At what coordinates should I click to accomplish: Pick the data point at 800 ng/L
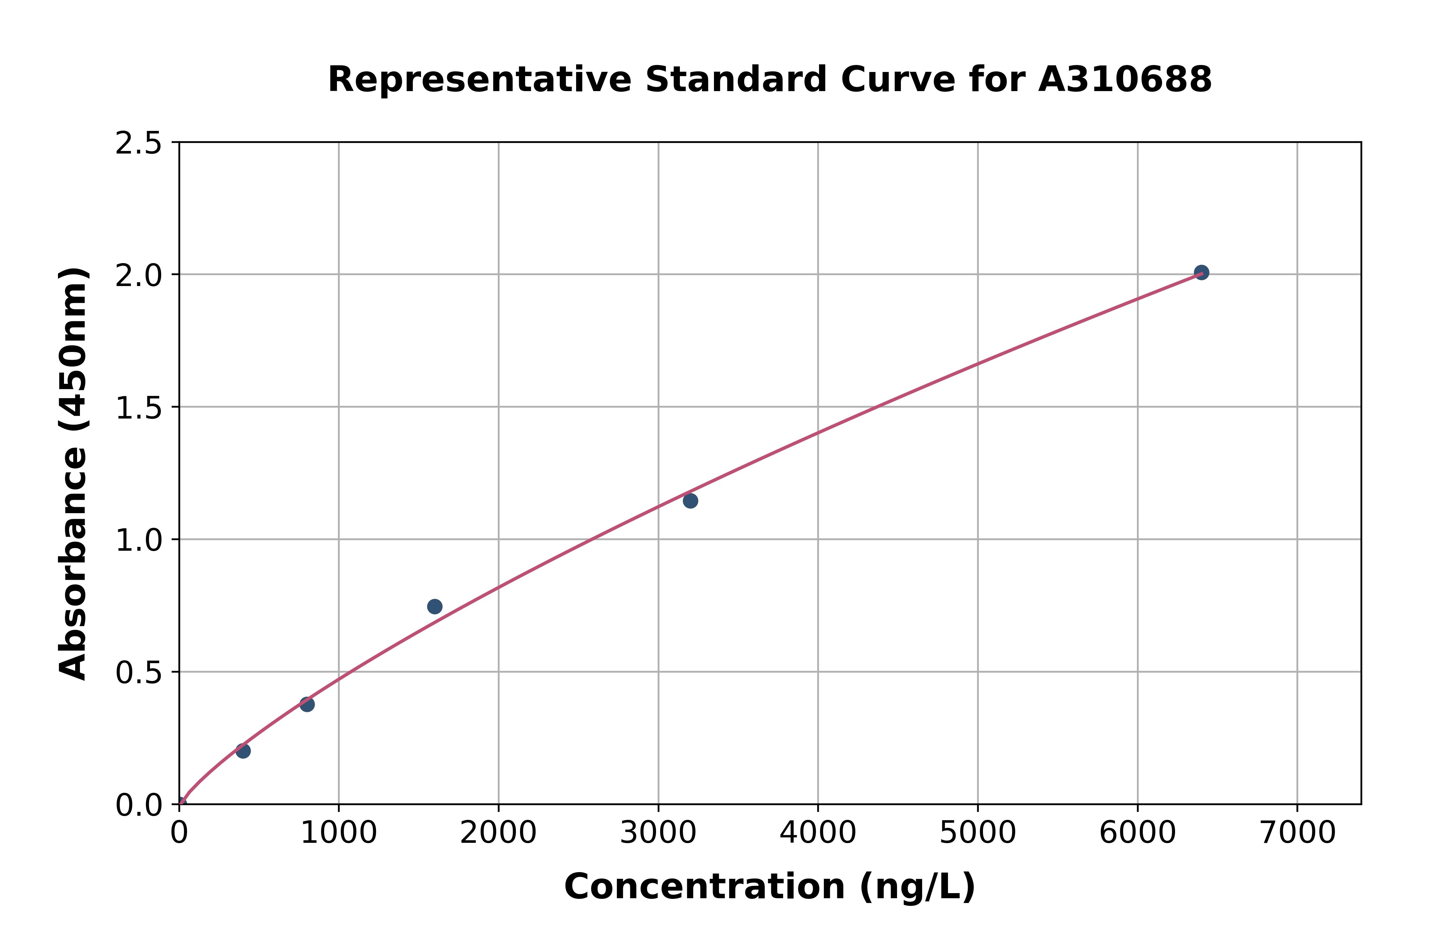tap(307, 704)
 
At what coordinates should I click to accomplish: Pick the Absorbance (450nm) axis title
tap(74, 474)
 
